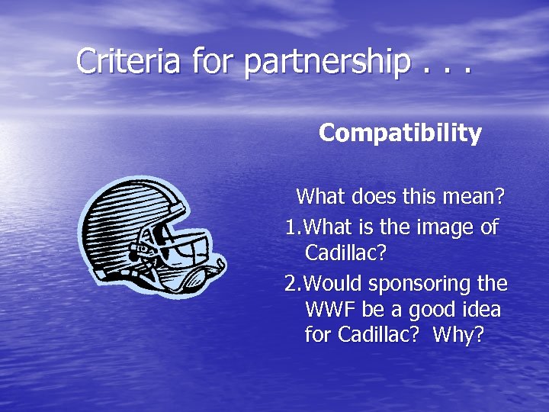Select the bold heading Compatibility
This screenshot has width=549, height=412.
(400, 134)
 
